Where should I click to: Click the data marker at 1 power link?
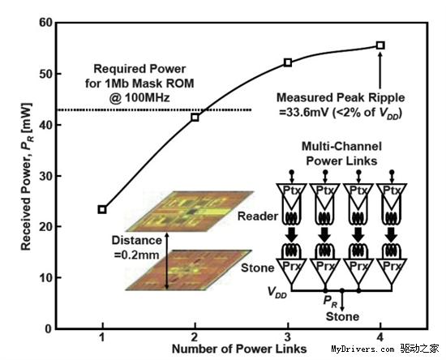pyautogui.click(x=102, y=209)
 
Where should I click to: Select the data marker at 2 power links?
pyautogui.click(x=195, y=117)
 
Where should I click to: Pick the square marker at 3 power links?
pyautogui.click(x=288, y=62)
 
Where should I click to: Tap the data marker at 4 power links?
pyautogui.click(x=380, y=45)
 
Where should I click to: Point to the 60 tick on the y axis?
pyautogui.click(x=45, y=23)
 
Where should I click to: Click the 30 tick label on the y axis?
pyautogui.click(x=45, y=176)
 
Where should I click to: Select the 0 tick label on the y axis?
pyautogui.click(x=49, y=329)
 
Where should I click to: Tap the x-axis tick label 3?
pyautogui.click(x=288, y=337)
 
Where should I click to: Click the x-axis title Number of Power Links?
pyautogui.click(x=239, y=349)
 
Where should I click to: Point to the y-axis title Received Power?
pyautogui.click(x=27, y=177)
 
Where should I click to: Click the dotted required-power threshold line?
pyautogui.click(x=154, y=110)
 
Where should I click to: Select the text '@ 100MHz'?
pyautogui.click(x=139, y=98)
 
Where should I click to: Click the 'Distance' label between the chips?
pyautogui.click(x=136, y=241)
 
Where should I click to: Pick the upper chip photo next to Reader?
pyautogui.click(x=190, y=211)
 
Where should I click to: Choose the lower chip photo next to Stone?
pyautogui.click(x=189, y=270)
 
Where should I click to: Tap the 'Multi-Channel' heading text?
pyautogui.click(x=341, y=147)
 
